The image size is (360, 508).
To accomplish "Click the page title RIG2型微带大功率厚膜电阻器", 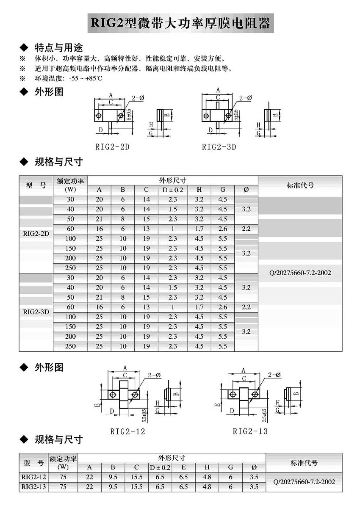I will click(x=180, y=23).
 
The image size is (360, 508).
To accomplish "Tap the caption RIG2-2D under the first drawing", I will click(x=113, y=147).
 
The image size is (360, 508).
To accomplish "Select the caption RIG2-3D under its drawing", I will click(x=219, y=147).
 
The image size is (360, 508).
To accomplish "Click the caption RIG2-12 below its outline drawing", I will click(x=127, y=431).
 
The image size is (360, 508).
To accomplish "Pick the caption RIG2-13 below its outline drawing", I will click(x=250, y=431).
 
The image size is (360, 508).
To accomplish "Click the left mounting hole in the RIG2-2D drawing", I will click(x=99, y=116).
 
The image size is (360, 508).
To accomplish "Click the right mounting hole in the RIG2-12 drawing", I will click(x=135, y=395).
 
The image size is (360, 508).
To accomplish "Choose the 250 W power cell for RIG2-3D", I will click(x=70, y=346).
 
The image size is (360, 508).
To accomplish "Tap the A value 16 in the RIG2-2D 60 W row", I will click(x=99, y=229).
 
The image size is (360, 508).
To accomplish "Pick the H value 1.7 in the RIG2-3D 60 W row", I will click(x=199, y=307).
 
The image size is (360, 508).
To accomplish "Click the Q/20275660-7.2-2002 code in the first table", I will click(x=300, y=273).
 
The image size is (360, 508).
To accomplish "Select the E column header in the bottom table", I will click(x=183, y=467).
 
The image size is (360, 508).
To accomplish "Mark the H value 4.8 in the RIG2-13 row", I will click(x=207, y=487).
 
